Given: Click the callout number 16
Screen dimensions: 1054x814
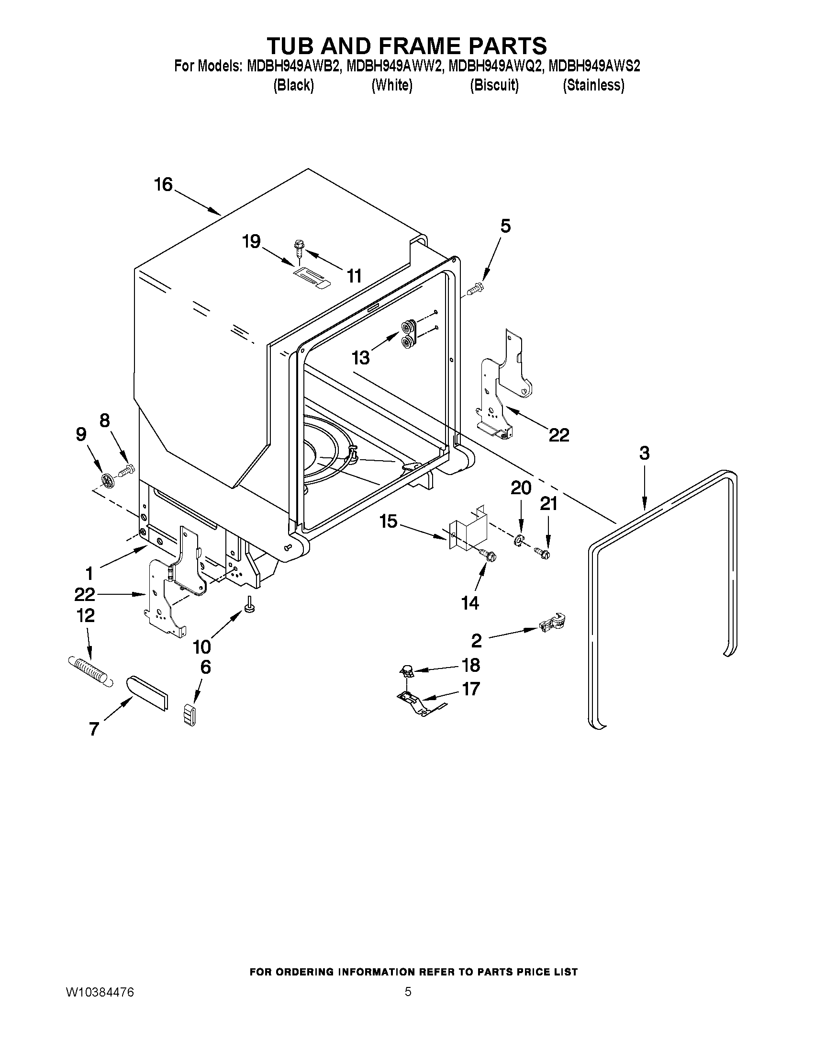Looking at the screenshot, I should click(x=164, y=184).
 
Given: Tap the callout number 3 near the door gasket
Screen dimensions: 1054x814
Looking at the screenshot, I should click(x=644, y=453).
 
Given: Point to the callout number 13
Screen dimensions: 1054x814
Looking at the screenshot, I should click(x=360, y=358).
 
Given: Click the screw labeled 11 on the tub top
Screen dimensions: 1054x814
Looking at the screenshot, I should click(x=299, y=248).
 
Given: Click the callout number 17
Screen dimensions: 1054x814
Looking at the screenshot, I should click(x=471, y=689).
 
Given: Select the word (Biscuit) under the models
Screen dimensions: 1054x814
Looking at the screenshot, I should click(x=494, y=85).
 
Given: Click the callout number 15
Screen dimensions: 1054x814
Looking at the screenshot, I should click(x=388, y=521).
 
